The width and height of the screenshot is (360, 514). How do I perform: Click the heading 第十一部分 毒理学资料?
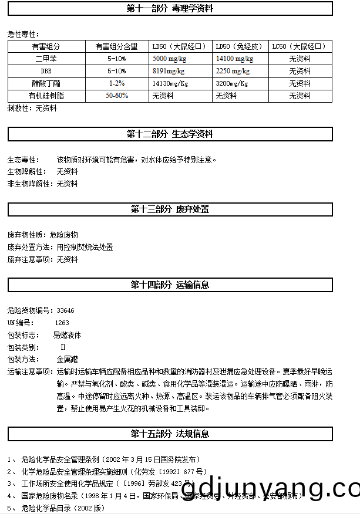coord(170,9)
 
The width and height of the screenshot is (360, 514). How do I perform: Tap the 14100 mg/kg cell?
coord(234,59)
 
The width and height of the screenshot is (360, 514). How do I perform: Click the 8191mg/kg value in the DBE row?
coord(168,71)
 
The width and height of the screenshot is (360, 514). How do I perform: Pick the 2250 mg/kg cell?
coord(233,71)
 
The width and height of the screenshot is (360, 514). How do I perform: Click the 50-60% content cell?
coord(117,96)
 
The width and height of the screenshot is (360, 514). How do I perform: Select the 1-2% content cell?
coord(116,83)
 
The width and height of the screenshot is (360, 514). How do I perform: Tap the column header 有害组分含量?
coord(116,46)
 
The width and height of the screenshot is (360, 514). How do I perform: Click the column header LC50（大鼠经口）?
coord(300,46)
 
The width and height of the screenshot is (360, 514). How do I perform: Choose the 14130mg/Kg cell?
coord(170,83)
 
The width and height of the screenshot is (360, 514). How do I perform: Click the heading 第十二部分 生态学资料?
coord(170,134)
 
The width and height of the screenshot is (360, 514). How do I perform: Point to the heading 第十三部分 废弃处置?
coord(170,209)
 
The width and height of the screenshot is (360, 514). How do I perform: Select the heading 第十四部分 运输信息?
coord(170,285)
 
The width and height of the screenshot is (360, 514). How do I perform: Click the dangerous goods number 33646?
coord(65,310)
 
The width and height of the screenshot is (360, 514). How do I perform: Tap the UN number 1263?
coord(62,323)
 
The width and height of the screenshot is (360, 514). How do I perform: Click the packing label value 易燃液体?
coord(67,335)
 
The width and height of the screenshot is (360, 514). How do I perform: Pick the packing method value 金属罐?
coord(68,359)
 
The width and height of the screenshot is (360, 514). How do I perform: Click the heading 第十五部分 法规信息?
coord(170,434)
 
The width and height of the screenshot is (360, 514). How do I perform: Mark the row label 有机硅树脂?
coord(46,96)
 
